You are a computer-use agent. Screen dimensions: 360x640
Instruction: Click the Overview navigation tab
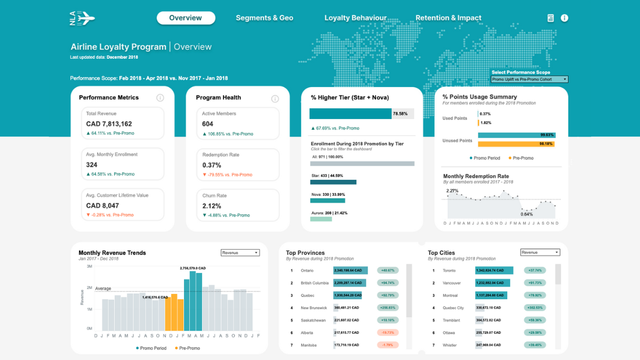click(x=186, y=18)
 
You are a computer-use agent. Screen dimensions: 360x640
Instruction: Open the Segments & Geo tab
click(x=265, y=18)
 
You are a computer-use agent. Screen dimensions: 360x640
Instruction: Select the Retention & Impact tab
click(x=448, y=18)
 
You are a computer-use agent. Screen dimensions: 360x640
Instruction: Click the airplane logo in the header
click(x=82, y=18)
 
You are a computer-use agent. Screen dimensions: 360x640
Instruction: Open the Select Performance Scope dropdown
click(x=529, y=79)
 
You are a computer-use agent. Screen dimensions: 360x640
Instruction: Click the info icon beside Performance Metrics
click(x=160, y=98)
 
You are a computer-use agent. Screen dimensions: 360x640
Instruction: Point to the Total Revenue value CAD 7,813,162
click(x=109, y=124)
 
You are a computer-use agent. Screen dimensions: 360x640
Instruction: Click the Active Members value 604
click(x=207, y=124)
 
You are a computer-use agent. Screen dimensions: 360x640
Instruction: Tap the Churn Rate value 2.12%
click(x=211, y=206)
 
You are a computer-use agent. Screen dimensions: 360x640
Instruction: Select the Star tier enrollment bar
click(x=333, y=182)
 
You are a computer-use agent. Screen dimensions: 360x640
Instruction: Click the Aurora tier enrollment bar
click(x=321, y=219)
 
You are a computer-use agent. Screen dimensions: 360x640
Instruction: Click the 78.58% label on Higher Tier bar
click(x=400, y=114)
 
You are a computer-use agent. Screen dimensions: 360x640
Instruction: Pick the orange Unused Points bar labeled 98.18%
click(x=516, y=144)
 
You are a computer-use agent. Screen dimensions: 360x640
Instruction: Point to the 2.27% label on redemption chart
click(x=452, y=190)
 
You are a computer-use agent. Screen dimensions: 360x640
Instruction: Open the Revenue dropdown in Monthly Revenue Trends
click(x=240, y=253)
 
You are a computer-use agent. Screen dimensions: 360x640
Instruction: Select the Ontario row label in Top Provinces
click(x=307, y=270)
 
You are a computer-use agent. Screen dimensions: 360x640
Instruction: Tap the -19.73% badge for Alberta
click(x=388, y=333)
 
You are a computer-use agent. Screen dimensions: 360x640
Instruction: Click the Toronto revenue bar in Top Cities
click(x=494, y=270)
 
